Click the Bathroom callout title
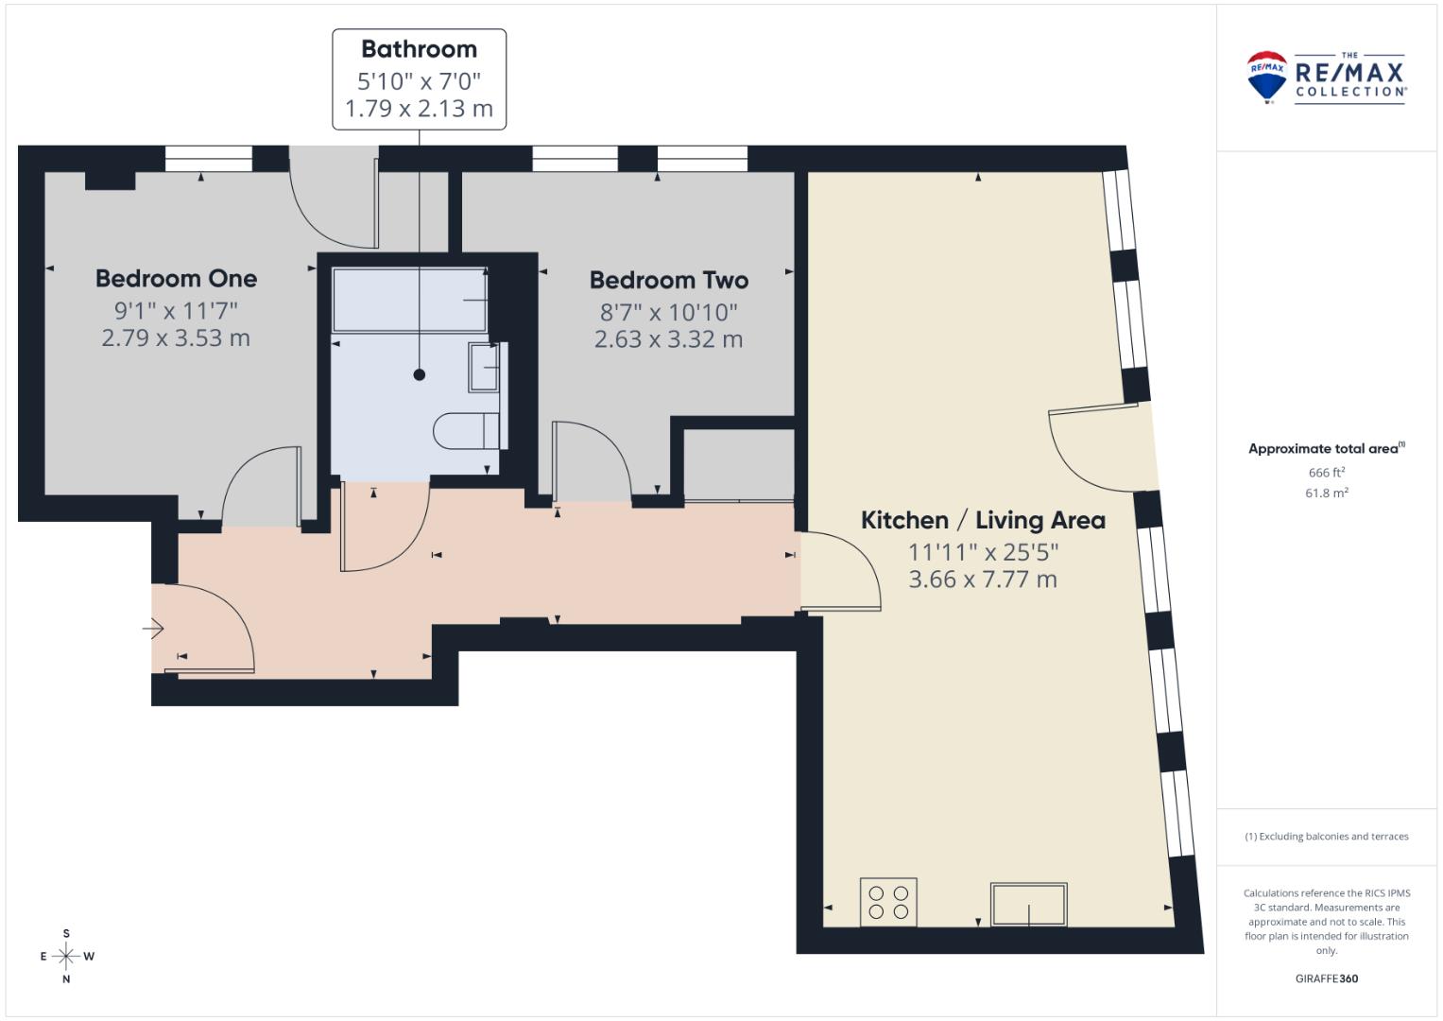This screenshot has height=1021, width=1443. pos(419,49)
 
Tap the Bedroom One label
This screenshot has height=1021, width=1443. pos(176,279)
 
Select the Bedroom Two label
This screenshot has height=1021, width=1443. pos(669,280)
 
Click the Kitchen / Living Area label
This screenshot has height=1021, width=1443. pos(983,520)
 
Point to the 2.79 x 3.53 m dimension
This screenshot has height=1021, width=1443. pos(176,337)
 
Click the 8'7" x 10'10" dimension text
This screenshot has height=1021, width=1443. pos(669,313)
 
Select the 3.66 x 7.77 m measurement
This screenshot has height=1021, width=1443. pos(983,579)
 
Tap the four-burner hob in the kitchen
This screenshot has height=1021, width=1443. pos(888,903)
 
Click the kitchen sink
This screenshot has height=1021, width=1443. pos(1029,905)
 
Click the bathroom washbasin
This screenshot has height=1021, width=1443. pos(485,367)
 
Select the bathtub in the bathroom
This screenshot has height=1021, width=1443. pos(410,299)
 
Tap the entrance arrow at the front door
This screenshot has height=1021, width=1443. pos(153,628)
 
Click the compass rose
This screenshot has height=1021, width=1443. pos(66,956)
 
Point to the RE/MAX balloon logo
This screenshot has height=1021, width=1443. pos(1266,77)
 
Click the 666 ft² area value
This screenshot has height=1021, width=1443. pos(1327,473)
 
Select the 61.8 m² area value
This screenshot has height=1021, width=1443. pos(1327,493)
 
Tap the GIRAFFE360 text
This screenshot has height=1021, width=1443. pos(1327,978)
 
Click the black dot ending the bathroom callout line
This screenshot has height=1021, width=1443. pos(420,374)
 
